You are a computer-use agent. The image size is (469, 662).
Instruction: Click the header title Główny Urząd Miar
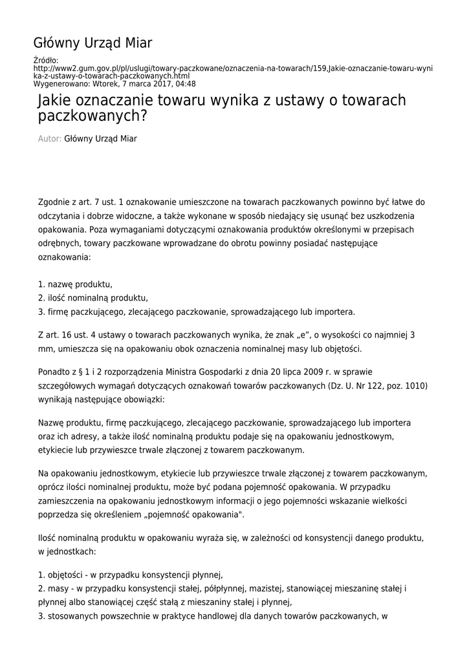tap(93, 43)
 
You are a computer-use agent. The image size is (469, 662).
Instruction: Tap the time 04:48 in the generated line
tap(184, 84)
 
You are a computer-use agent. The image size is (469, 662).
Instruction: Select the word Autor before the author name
tap(50, 138)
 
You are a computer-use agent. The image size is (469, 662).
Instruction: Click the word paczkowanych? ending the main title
tap(93, 117)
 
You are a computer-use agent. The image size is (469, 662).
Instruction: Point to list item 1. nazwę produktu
tap(75, 284)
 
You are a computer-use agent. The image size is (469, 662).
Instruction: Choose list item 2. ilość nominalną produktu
tap(93, 298)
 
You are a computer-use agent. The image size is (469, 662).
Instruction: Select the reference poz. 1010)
tap(409, 387)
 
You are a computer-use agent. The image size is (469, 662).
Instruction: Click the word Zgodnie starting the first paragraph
tap(57, 202)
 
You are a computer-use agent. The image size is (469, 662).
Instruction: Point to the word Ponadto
tap(56, 372)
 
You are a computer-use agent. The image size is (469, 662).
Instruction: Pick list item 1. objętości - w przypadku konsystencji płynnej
tap(131, 575)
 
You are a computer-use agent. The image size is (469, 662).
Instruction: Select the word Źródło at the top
tap(45, 60)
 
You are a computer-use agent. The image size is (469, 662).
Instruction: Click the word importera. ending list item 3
tap(335, 312)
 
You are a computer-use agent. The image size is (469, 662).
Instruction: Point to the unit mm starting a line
tap(46, 349)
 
